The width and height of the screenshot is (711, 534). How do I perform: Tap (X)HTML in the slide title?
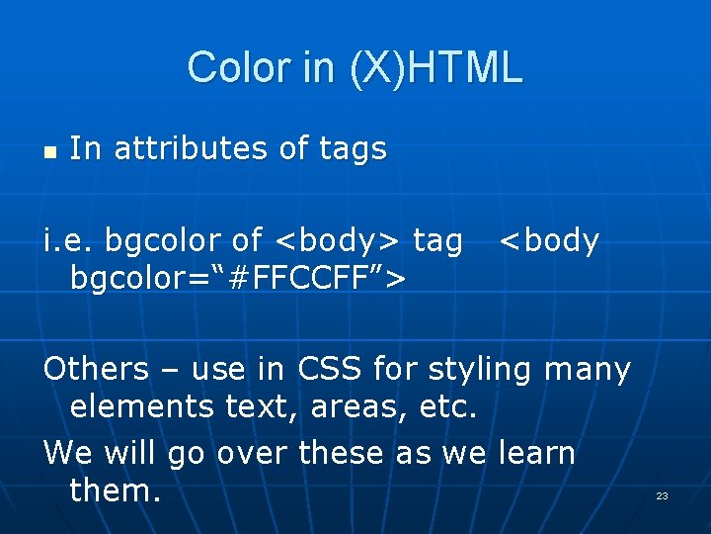434,67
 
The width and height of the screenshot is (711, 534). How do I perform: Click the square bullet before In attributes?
49,151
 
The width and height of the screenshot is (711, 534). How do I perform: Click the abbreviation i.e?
68,240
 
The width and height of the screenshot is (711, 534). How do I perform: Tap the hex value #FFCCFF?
289,278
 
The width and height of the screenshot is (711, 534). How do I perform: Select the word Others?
95,369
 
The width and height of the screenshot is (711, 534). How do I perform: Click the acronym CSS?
326,369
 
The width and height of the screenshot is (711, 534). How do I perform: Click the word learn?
536,452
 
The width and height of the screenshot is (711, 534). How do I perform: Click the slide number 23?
662,495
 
